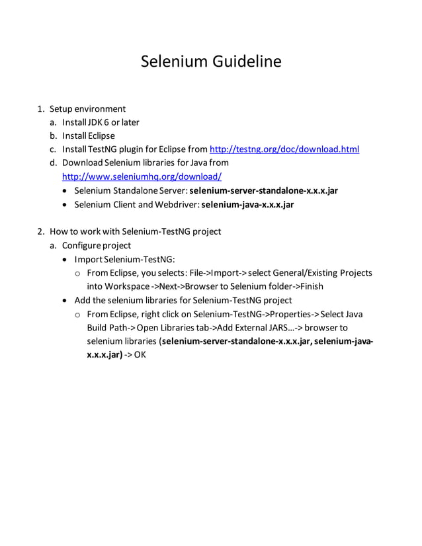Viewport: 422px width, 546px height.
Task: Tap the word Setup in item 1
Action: point(61,109)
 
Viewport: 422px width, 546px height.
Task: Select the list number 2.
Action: point(40,231)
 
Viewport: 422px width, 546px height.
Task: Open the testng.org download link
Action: point(284,149)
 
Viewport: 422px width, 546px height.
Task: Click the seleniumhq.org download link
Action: point(142,176)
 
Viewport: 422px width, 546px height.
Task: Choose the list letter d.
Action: point(52,163)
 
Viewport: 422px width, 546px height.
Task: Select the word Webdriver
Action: point(177,204)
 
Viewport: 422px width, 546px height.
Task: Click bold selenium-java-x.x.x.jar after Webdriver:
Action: point(247,204)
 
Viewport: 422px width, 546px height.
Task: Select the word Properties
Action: point(293,314)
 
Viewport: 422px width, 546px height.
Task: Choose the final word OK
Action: point(140,355)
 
